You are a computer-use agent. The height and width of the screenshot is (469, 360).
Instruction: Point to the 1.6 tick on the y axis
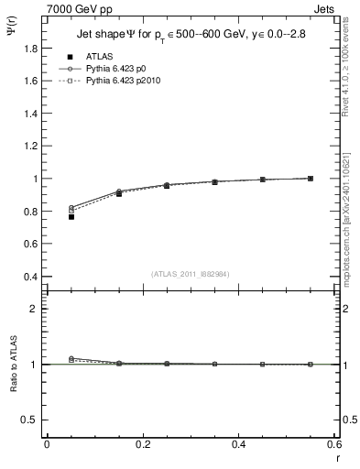tap(29, 81)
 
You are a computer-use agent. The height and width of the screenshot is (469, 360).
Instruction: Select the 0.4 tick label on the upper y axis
tap(29, 277)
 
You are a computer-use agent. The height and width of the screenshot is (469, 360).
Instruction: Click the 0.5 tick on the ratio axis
tap(29, 420)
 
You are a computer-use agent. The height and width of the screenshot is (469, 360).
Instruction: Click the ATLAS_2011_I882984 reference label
tap(191, 273)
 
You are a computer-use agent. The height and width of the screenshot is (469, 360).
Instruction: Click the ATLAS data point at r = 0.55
tap(311, 179)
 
